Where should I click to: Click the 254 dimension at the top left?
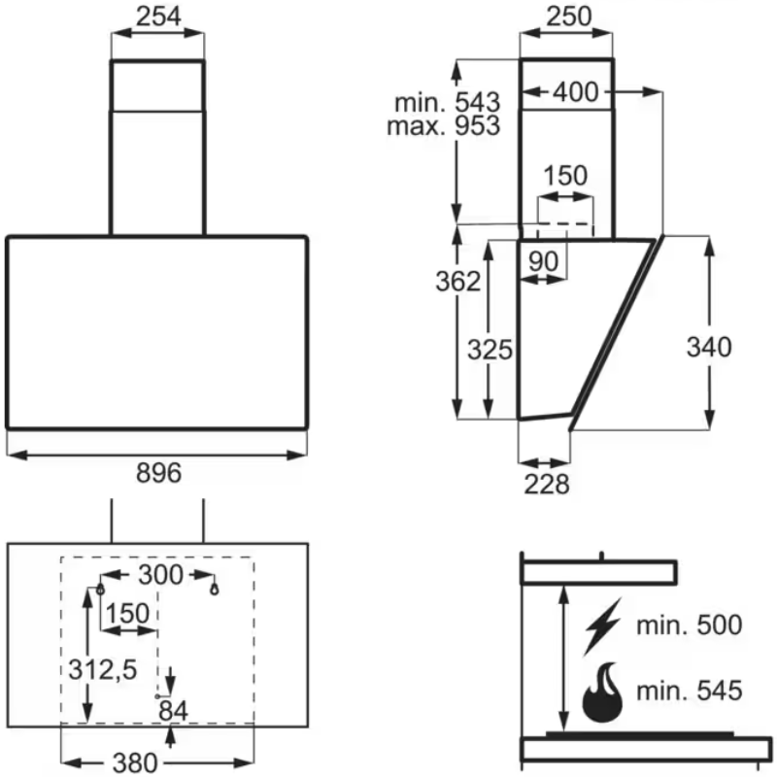(x=158, y=17)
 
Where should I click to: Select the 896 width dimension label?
(x=158, y=473)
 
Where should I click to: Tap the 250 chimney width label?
(x=569, y=17)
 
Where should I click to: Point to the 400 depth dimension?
(x=576, y=92)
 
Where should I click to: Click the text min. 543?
(x=448, y=103)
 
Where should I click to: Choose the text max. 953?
(x=444, y=125)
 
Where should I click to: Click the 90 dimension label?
(x=543, y=261)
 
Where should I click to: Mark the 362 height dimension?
(x=457, y=282)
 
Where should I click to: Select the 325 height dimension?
(x=490, y=350)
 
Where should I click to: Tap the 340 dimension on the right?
(x=709, y=347)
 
